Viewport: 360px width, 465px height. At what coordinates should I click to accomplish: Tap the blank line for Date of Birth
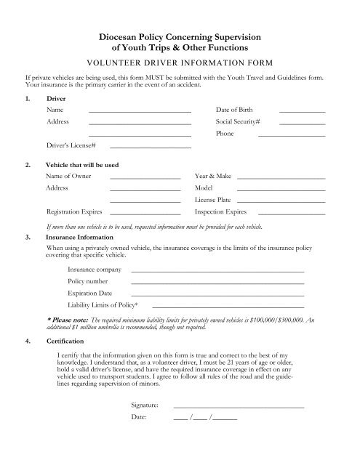pyautogui.click(x=302, y=111)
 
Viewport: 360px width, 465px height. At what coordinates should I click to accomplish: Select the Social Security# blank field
pyautogui.click(x=302, y=124)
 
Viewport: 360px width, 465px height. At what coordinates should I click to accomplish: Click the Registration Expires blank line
pyautogui.click(x=145, y=214)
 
